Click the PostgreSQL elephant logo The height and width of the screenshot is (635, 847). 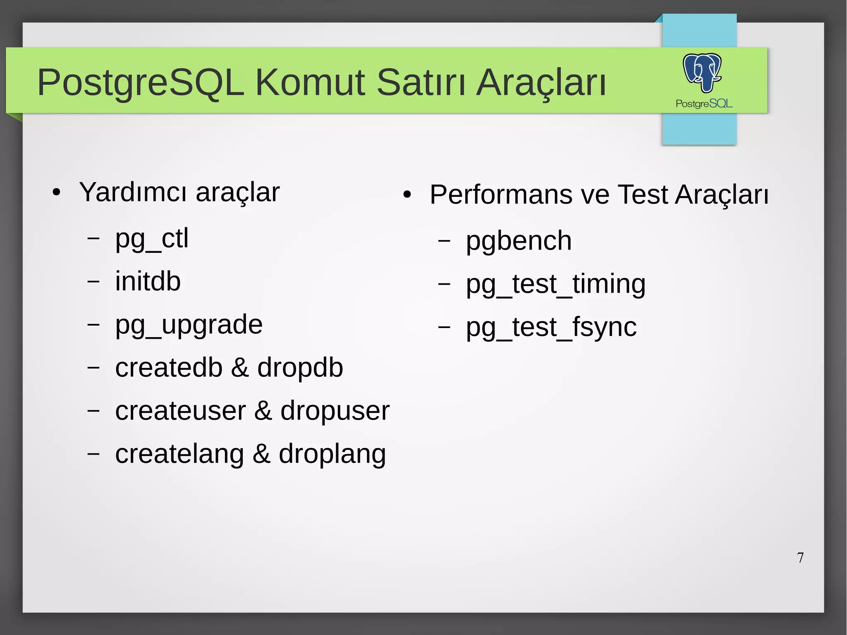(x=702, y=72)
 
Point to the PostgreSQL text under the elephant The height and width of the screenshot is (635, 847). (x=704, y=103)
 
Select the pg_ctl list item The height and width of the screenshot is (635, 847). (x=152, y=239)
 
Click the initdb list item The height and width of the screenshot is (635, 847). (x=148, y=282)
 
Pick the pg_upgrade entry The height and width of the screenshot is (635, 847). (x=189, y=325)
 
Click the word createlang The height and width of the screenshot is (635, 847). (x=179, y=454)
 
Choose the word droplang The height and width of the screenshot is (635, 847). (x=332, y=454)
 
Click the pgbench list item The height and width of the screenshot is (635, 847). (x=519, y=241)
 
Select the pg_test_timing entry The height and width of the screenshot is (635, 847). (x=555, y=285)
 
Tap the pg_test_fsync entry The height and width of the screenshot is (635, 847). (x=551, y=328)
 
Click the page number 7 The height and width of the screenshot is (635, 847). (x=800, y=558)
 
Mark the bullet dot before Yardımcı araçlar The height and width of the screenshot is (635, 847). (x=57, y=192)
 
